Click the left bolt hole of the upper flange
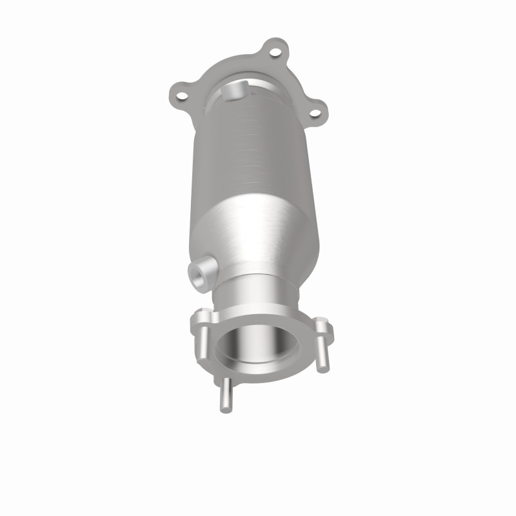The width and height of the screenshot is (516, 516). [x=182, y=97]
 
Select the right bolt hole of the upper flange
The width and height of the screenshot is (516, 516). [x=315, y=114]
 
